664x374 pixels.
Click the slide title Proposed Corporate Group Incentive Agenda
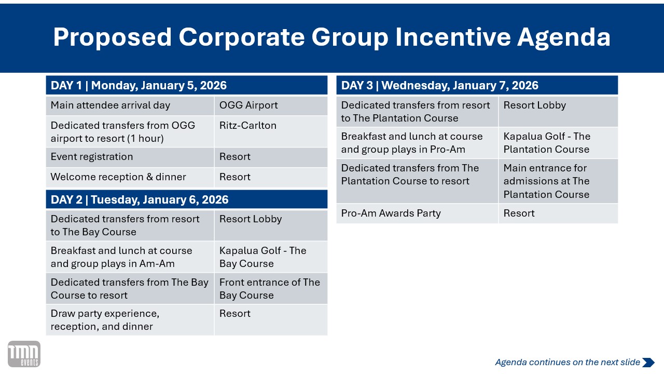[331, 37]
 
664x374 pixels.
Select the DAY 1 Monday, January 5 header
[187, 85]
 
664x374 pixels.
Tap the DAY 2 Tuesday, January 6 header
[187, 199]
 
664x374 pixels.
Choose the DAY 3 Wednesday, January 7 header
[477, 85]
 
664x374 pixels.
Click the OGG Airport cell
[271, 105]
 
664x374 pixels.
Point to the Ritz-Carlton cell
[271, 131]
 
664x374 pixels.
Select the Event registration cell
[130, 157]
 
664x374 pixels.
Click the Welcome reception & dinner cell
[130, 177]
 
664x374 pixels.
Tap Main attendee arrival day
[110, 105]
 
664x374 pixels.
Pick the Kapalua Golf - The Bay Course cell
[271, 257]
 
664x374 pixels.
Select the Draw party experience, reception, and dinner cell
[130, 320]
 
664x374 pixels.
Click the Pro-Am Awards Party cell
[417, 213]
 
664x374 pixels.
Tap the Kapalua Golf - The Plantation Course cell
[559, 143]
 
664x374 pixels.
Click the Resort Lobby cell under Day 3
[559, 112]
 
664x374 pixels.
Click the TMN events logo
[24, 354]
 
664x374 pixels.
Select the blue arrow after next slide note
[648, 363]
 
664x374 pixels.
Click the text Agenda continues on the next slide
[568, 362]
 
